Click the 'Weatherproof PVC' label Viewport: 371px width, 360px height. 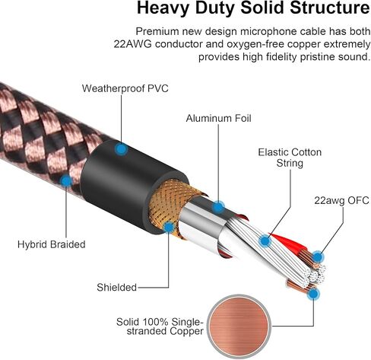pyautogui.click(x=125, y=88)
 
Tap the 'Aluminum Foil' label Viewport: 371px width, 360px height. pyautogui.click(x=218, y=118)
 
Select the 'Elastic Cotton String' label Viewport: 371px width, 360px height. pyautogui.click(x=290, y=158)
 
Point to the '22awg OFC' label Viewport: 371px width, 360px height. pyautogui.click(x=341, y=200)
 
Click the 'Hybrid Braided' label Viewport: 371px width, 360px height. pyautogui.click(x=52, y=244)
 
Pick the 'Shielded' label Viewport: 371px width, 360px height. pyautogui.click(x=116, y=288)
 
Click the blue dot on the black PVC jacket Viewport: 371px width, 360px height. pyautogui.click(x=121, y=149)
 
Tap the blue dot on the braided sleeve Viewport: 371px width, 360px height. pyautogui.click(x=66, y=181)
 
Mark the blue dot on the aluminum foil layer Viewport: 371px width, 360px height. pyautogui.click(x=218, y=207)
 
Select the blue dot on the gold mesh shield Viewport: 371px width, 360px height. pyautogui.click(x=169, y=228)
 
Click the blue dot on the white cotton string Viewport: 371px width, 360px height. pyautogui.click(x=265, y=241)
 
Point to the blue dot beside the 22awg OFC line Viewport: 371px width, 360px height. pyautogui.click(x=318, y=257)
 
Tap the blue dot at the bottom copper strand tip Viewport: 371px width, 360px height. pyautogui.click(x=313, y=295)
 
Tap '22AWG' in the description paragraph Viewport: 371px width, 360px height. pyautogui.click(x=132, y=44)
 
